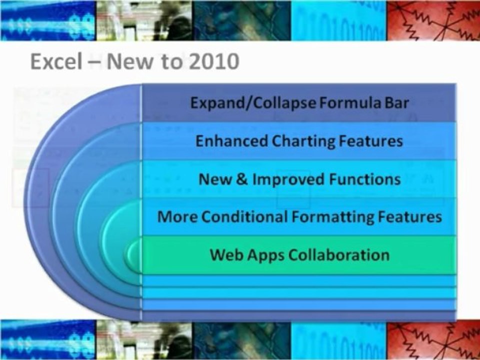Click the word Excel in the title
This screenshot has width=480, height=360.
point(56,61)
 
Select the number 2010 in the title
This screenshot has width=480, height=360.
point(214,61)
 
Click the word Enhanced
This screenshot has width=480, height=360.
point(231,141)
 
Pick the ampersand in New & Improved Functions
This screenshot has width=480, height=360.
point(242,179)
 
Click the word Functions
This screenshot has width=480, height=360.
point(364,179)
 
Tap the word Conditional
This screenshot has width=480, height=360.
point(244,216)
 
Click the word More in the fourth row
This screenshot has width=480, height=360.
point(177,216)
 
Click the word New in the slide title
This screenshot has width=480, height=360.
point(129,61)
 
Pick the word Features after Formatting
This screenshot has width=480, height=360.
point(409,216)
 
